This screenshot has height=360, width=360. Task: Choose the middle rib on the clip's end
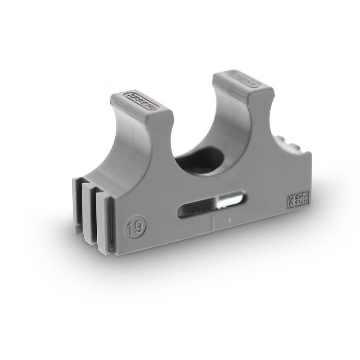tap(89, 214)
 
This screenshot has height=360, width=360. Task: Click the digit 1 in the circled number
tap(132, 228)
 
